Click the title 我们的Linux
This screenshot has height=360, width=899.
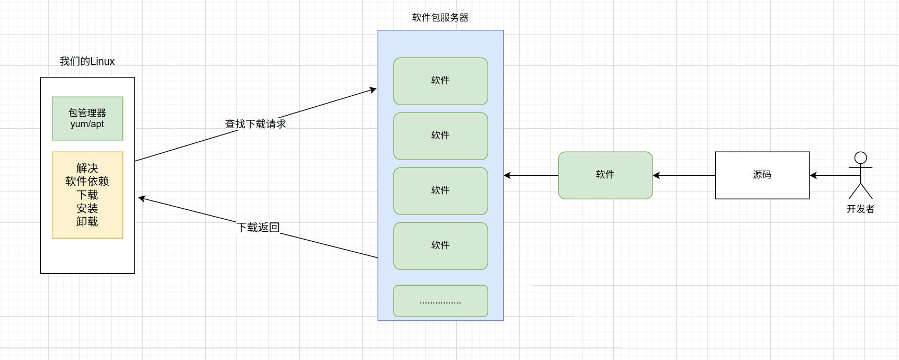(87, 61)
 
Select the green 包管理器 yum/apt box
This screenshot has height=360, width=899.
(87, 118)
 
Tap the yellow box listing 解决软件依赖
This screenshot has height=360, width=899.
(87, 195)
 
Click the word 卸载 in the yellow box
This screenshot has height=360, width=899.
(87, 222)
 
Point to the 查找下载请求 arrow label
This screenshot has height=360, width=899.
(255, 124)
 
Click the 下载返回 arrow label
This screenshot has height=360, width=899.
(258, 227)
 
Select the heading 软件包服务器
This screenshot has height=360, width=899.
(440, 17)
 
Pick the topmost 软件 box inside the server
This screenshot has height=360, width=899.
(440, 81)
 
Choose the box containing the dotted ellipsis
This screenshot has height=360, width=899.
(440, 301)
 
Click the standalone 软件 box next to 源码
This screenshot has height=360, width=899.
(605, 175)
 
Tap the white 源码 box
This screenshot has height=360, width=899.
(762, 175)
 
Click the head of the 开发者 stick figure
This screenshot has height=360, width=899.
(860, 157)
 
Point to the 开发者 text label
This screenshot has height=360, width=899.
(860, 209)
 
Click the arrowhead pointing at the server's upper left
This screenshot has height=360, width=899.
(373, 89)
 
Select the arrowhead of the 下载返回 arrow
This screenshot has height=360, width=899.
(141, 198)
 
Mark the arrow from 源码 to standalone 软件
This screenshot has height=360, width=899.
(683, 175)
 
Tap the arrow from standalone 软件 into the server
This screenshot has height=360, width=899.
(531, 175)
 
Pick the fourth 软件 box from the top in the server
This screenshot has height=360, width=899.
(440, 245)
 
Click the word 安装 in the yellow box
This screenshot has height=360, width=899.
(87, 208)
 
